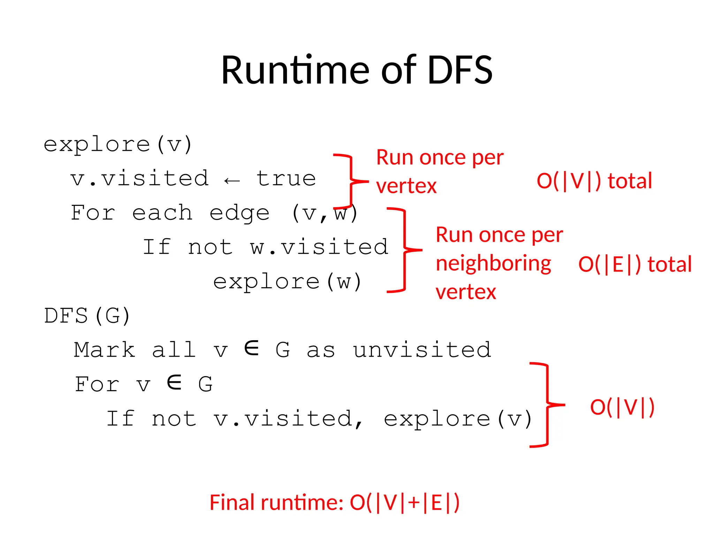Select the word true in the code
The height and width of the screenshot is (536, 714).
[x=286, y=179]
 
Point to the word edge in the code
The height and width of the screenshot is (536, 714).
[x=239, y=213]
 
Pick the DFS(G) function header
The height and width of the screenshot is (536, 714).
[x=87, y=316]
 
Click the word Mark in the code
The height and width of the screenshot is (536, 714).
[x=104, y=350]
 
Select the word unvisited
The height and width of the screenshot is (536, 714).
[x=422, y=350]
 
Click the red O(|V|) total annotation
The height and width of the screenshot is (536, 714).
[x=594, y=181]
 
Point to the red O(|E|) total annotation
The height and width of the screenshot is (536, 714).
[x=635, y=264]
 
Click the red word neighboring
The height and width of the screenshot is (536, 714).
[x=493, y=263]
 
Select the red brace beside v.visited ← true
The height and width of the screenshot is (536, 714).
[x=350, y=181]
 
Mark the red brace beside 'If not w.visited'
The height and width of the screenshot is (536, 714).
[x=404, y=250]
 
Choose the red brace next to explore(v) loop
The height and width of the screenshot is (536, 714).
[x=547, y=405]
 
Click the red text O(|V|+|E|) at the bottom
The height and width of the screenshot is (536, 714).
[x=404, y=503]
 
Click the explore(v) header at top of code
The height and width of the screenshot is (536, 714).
[x=117, y=144]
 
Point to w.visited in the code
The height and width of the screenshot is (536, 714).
[x=319, y=247]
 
